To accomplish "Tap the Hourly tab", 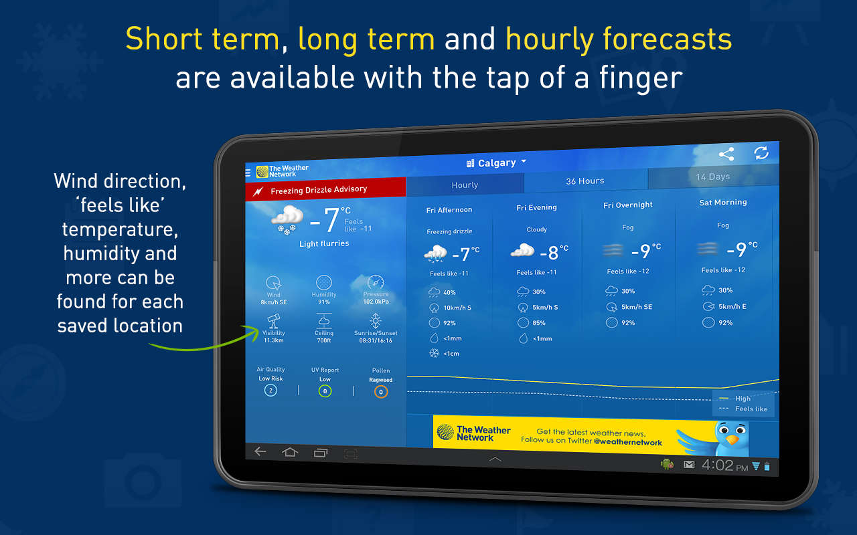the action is click(465, 185).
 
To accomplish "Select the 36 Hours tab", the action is click(585, 181).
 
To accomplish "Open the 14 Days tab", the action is click(713, 177).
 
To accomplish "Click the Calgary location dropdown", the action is click(496, 163).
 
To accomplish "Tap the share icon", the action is click(726, 154).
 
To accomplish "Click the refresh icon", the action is click(761, 153).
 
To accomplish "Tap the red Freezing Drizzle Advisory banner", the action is click(325, 189).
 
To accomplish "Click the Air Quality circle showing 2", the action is click(270, 390).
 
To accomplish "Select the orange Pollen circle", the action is click(381, 392).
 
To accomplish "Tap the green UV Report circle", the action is click(325, 391).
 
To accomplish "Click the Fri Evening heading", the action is click(536, 207).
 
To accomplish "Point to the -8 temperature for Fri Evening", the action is click(554, 252).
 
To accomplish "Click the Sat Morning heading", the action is click(723, 202).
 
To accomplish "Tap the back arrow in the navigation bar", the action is click(260, 451).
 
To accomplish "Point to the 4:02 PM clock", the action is click(724, 465).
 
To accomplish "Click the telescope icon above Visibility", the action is click(273, 321).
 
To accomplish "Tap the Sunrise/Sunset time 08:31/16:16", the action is click(376, 340).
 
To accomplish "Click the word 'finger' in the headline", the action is click(641, 78).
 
